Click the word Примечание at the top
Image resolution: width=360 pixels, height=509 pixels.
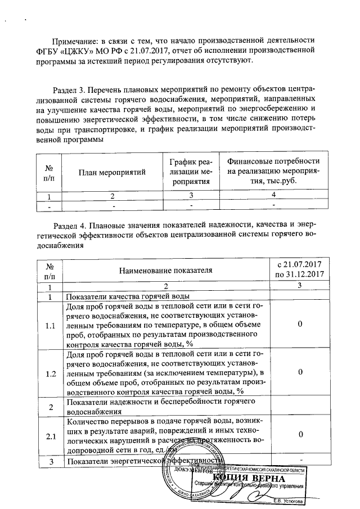pyautogui.click(x=72, y=42)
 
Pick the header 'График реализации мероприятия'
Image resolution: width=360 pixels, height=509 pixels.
pyautogui.click(x=191, y=172)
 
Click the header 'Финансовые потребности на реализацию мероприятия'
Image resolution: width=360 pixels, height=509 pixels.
pyautogui.click(x=273, y=172)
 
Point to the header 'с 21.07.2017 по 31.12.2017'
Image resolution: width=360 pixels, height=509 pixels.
pyautogui.click(x=299, y=269)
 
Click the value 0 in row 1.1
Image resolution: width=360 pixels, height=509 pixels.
pyautogui.click(x=300, y=325)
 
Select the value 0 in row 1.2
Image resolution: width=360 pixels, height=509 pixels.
pyautogui.click(x=300, y=372)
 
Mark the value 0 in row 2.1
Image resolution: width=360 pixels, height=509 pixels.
pyautogui.click(x=300, y=435)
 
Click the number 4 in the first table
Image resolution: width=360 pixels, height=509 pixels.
pyautogui.click(x=273, y=196)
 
